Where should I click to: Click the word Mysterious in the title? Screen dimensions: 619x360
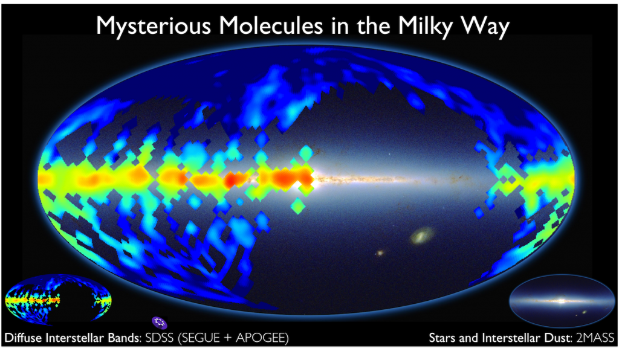click(x=154, y=27)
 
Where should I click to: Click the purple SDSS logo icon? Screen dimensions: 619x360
click(x=160, y=323)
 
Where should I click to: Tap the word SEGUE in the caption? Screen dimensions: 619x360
click(x=201, y=338)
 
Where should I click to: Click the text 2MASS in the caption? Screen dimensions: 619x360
click(x=595, y=338)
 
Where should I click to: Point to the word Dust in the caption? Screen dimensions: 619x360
click(x=558, y=338)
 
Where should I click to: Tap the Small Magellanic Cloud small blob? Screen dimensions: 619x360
click(x=380, y=252)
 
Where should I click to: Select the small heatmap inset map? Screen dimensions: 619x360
click(x=58, y=300)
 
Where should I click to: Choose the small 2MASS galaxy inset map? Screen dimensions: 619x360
click(x=562, y=301)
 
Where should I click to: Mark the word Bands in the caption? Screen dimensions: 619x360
click(x=123, y=338)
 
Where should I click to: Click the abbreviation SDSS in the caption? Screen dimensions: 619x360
click(x=160, y=338)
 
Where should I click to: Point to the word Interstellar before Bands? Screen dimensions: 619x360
click(x=74, y=338)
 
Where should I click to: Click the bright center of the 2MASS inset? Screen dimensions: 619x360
click(x=562, y=301)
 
